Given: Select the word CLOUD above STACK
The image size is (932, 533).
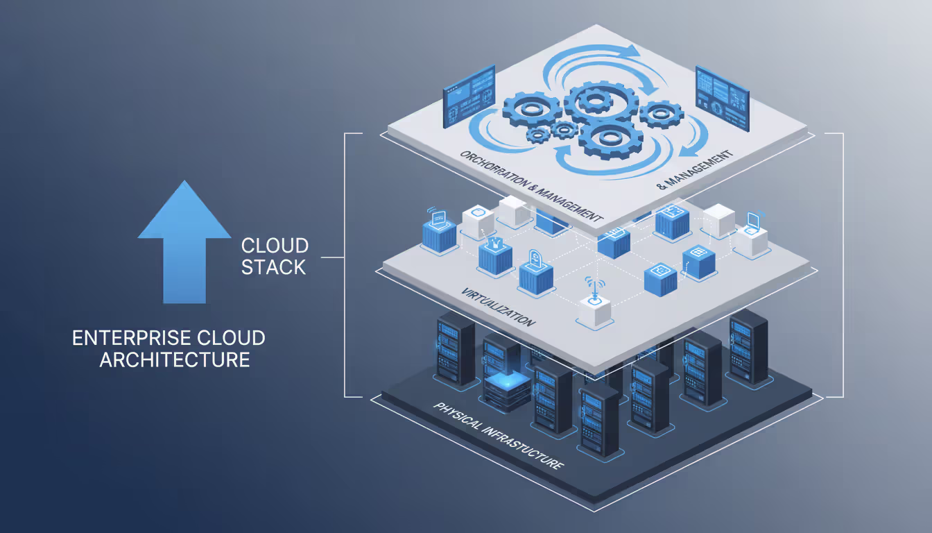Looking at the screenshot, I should (275, 246).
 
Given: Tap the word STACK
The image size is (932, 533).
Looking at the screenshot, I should (273, 267).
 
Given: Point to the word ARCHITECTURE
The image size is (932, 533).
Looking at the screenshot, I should (174, 359).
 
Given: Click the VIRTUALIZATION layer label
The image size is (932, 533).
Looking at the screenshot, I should (498, 306).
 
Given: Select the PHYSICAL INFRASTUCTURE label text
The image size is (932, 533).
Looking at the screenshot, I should (497, 435).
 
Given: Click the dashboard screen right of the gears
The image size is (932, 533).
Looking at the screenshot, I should (721, 96).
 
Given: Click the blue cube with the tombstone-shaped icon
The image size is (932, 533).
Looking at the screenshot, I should (537, 272).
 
